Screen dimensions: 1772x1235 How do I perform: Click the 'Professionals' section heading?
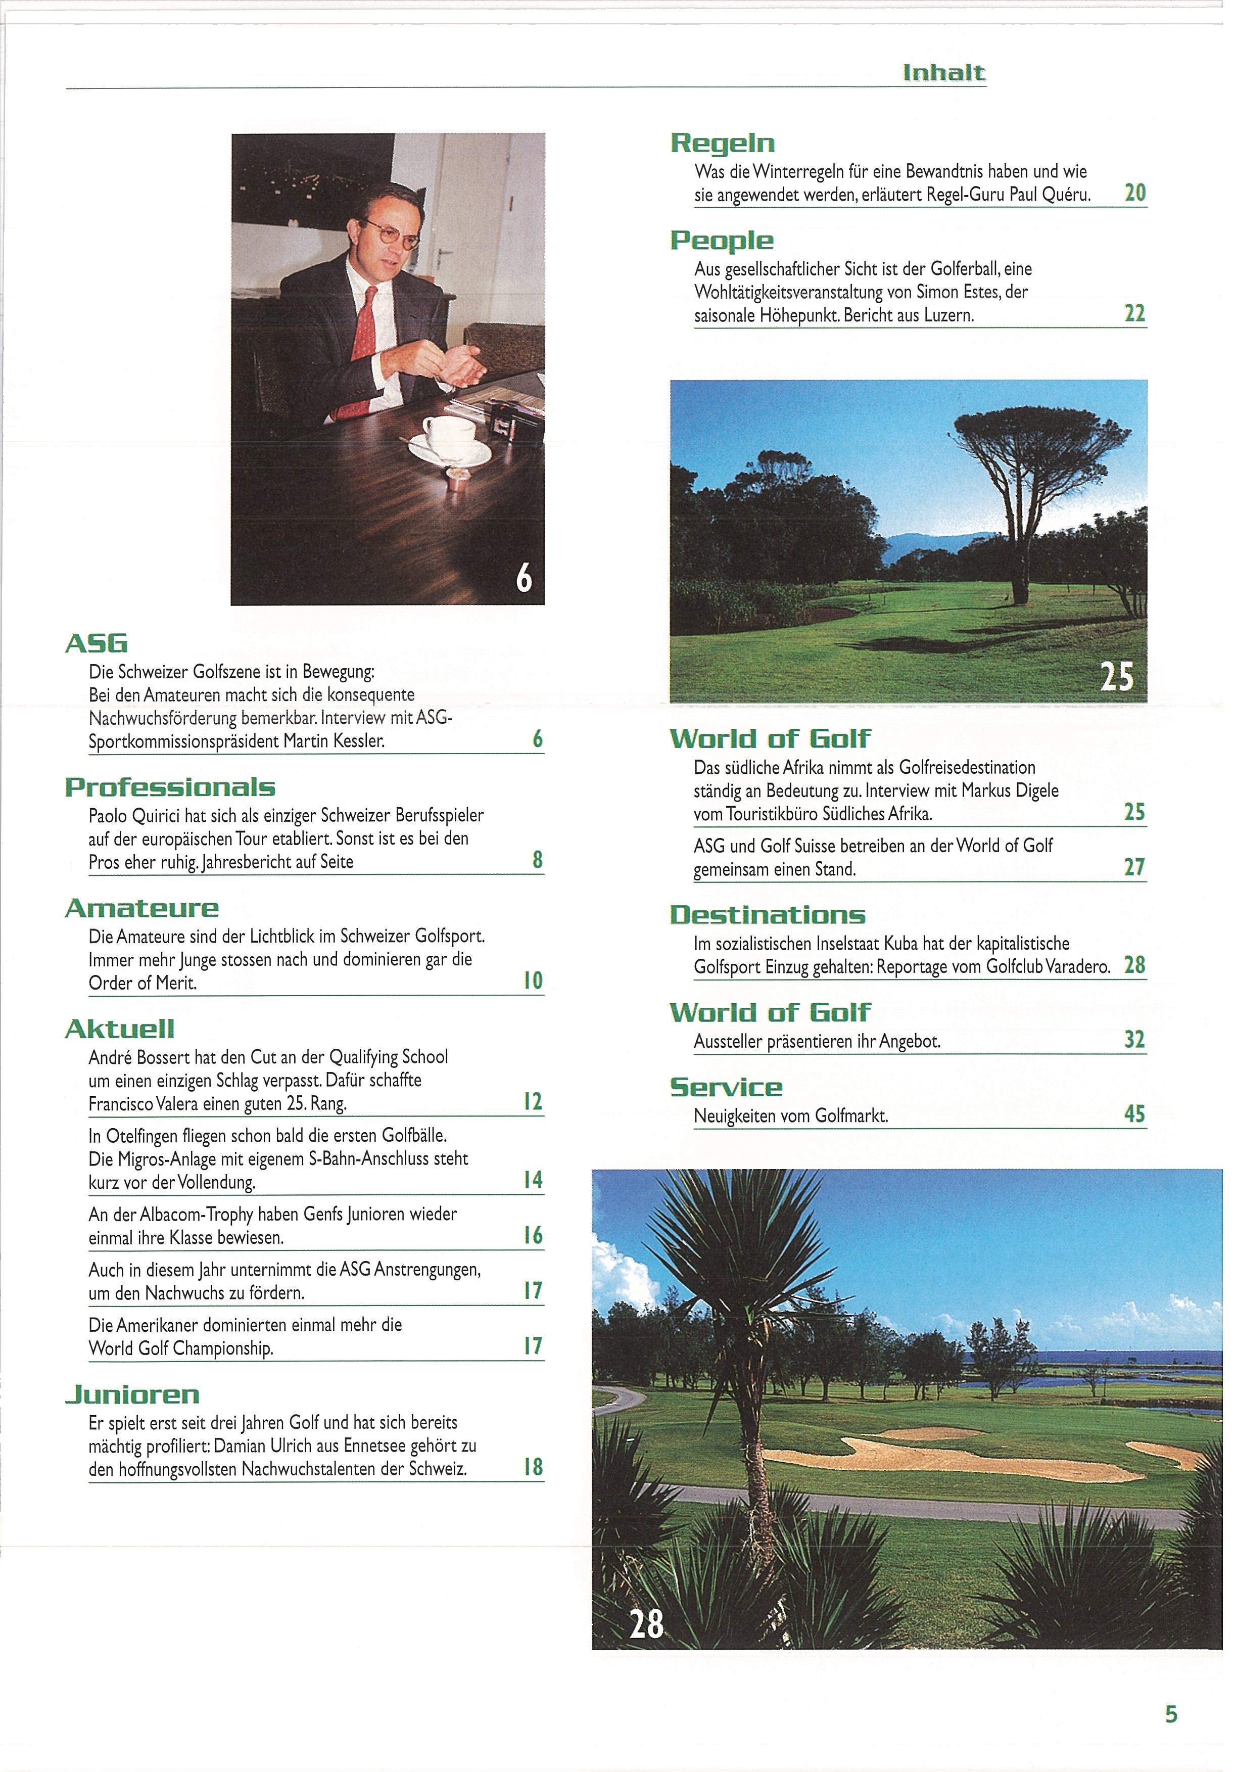point(170,787)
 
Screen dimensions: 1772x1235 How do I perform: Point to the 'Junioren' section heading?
point(132,1394)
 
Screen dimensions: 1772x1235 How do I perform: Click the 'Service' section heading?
point(726,1088)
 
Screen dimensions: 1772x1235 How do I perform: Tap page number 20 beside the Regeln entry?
point(1135,192)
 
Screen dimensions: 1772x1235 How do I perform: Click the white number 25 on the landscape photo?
point(1116,676)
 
